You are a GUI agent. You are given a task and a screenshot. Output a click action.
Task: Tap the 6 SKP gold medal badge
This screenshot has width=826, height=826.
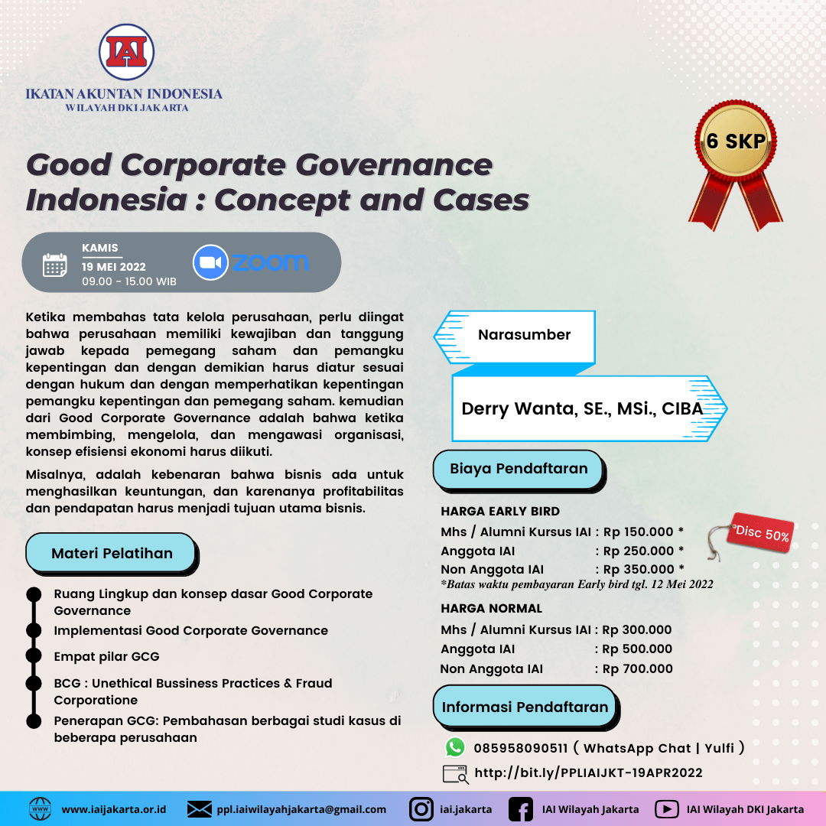(736, 141)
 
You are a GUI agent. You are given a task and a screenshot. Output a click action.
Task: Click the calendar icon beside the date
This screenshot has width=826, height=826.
(54, 265)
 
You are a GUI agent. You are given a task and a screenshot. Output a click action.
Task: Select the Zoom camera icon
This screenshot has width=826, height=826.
(210, 263)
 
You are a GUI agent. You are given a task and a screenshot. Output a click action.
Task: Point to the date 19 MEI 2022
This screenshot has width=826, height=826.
(114, 266)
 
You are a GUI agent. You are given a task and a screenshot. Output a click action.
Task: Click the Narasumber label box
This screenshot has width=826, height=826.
(524, 335)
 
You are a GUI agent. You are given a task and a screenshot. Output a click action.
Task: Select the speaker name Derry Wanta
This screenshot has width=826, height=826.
(582, 408)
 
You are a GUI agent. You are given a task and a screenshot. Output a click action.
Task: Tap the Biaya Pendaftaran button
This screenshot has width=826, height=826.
(519, 469)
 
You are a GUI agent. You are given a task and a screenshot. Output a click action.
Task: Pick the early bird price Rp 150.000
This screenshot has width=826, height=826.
(643, 532)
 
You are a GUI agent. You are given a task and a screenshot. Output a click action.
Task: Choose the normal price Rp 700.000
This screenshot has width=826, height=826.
(637, 668)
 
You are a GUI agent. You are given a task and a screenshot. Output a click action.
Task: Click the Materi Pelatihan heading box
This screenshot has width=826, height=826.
(112, 553)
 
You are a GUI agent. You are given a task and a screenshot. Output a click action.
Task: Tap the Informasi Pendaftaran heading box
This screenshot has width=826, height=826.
(525, 707)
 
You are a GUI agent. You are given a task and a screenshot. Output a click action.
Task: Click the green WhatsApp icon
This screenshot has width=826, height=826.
(456, 747)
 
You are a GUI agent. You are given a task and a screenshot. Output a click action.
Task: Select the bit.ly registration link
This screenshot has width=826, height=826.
(588, 772)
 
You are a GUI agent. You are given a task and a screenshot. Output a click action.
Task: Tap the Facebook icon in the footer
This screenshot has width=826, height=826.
(521, 808)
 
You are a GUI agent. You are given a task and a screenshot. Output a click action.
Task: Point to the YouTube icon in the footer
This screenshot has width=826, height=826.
(667, 808)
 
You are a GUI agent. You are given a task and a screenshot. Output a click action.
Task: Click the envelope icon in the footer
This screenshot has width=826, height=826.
(200, 808)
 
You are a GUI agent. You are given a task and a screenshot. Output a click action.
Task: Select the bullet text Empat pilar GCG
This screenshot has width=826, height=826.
(106, 656)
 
